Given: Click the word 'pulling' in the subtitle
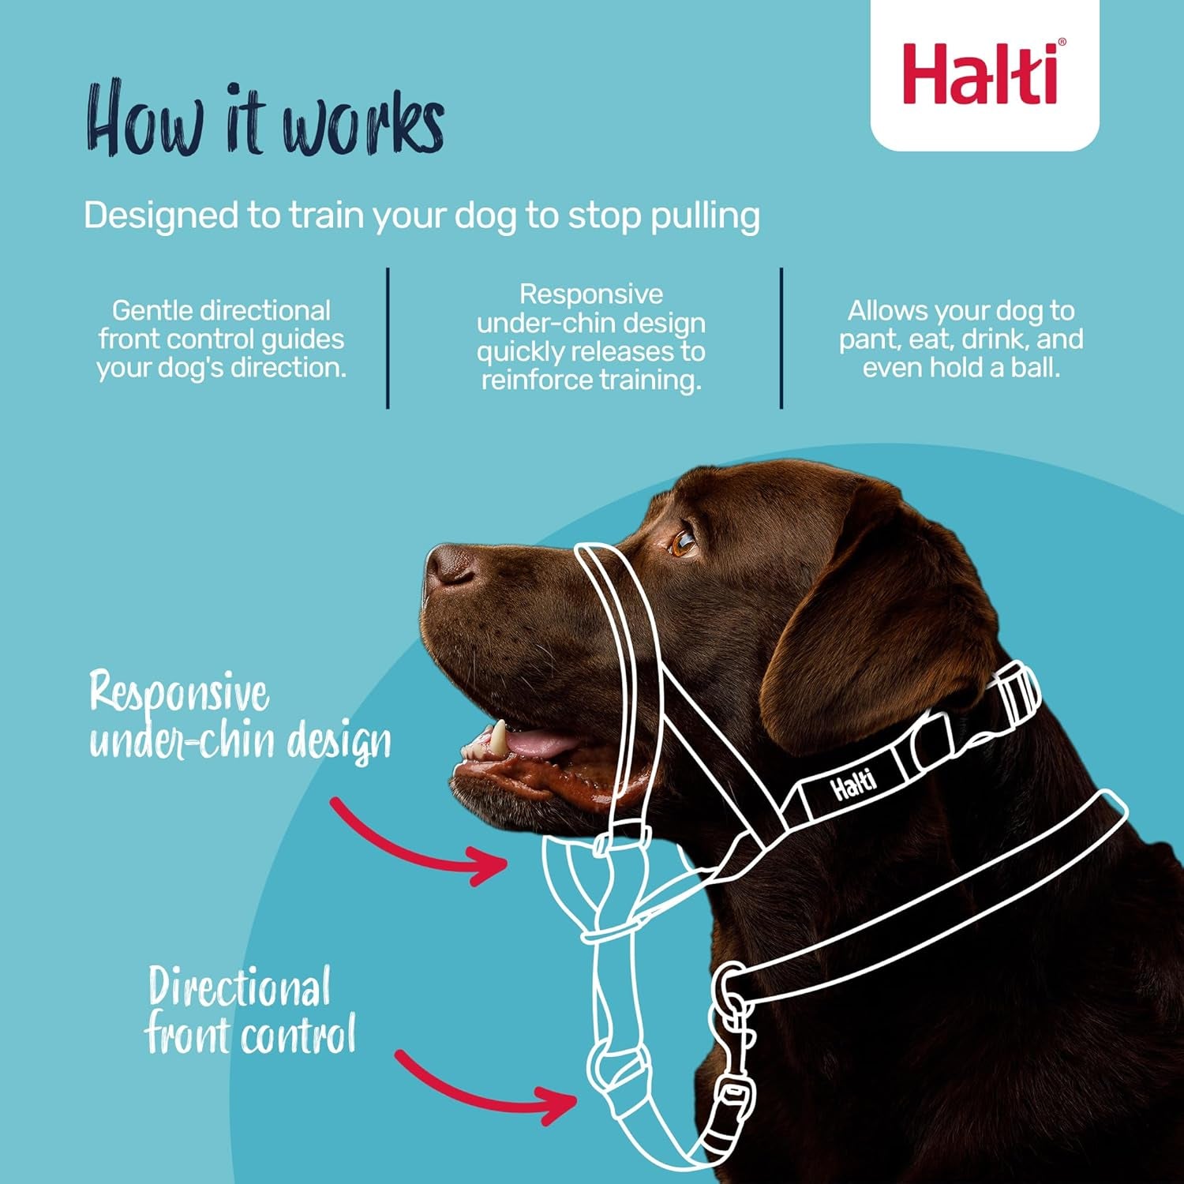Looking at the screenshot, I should coord(705,215).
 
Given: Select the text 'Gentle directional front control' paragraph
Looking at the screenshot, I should coord(221,339).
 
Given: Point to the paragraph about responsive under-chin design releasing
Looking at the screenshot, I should coord(591,337).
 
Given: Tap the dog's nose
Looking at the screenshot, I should coord(448,564).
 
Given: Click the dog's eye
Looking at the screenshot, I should coord(682,542).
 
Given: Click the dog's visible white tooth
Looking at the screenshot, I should coord(498,736).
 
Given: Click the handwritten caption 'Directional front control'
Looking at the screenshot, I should coord(249,1010).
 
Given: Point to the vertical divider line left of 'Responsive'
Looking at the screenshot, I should coord(388,338).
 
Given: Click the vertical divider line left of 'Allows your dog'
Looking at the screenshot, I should coord(781,338).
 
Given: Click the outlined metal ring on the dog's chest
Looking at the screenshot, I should coord(730,987).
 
